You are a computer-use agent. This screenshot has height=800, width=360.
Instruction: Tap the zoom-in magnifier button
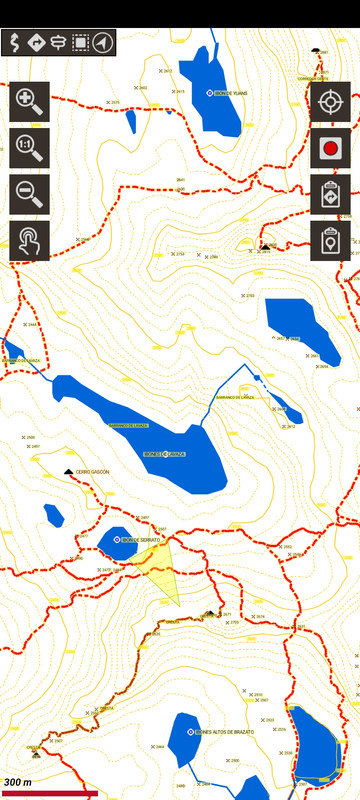pyautogui.click(x=29, y=101)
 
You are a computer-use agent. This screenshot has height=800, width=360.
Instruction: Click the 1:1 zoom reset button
pyautogui.click(x=29, y=148)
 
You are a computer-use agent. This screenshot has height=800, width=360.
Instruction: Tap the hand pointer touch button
pyautogui.click(x=29, y=241)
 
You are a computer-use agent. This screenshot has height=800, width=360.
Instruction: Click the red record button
pyautogui.click(x=330, y=148)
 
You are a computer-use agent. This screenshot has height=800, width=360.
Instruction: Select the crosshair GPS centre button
pyautogui.click(x=330, y=101)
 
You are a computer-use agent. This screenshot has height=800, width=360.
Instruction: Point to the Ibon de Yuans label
pyautogui.click(x=229, y=93)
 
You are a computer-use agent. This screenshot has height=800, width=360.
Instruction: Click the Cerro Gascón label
pyautogui.click(x=92, y=471)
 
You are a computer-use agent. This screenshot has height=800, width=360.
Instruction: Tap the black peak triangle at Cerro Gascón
pyautogui.click(x=68, y=471)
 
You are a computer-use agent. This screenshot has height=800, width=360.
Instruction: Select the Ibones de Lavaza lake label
pyautogui.click(x=162, y=453)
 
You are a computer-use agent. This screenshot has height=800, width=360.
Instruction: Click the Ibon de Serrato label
pyautogui.click(x=141, y=540)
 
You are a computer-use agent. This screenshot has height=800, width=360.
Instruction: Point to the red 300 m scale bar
pyautogui.click(x=49, y=793)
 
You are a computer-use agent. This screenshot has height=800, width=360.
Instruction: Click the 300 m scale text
pyautogui.click(x=18, y=782)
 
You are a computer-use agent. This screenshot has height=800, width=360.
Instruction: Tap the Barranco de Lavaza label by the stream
pyautogui.click(x=236, y=397)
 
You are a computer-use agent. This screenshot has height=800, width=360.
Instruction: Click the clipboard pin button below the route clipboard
pyautogui.click(x=330, y=241)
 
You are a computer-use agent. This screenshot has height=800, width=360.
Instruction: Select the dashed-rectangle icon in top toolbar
pyautogui.click(x=80, y=42)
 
